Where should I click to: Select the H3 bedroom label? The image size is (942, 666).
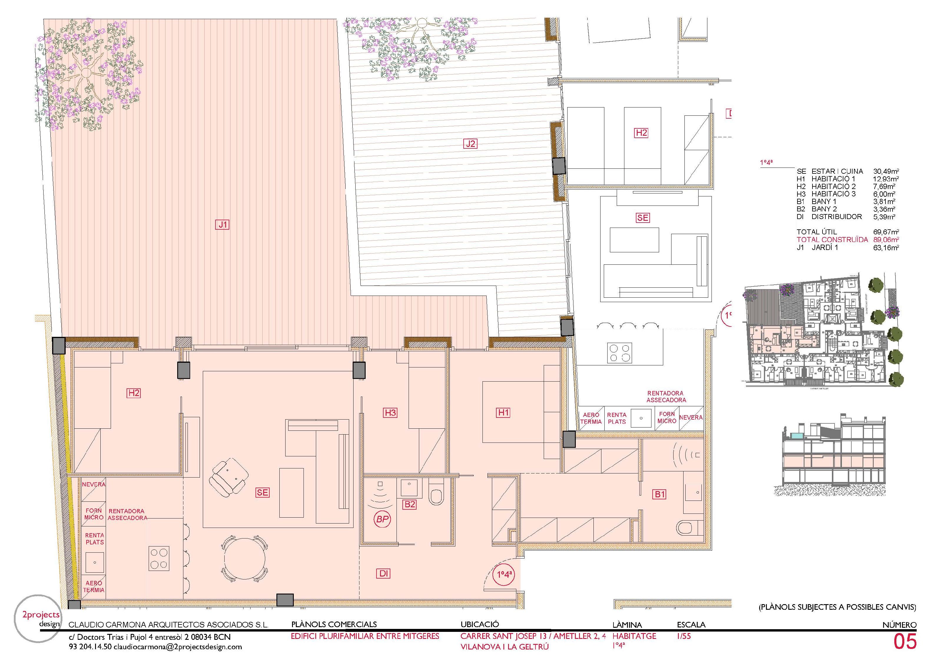[x=390, y=412]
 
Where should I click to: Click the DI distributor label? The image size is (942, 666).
[x=384, y=574]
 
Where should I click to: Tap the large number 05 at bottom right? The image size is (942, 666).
[x=904, y=642]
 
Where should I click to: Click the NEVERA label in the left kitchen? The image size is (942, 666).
[x=94, y=484]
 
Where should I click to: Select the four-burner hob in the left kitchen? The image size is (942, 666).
[x=159, y=559]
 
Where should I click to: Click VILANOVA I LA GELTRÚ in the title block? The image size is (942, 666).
[x=504, y=647]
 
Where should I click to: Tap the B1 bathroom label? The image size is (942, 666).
[x=659, y=494]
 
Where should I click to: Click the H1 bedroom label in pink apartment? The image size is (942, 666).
[x=503, y=412]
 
